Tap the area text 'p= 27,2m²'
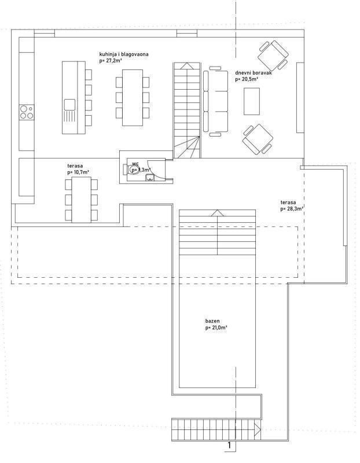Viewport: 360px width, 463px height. (111, 60)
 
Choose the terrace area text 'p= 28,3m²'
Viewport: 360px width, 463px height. (292, 208)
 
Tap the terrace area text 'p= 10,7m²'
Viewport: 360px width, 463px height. (78, 172)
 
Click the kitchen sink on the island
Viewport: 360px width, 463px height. (69, 105)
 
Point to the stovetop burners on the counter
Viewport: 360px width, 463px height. (26, 112)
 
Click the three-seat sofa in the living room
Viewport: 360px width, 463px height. (216, 102)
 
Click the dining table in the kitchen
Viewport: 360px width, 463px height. (132, 97)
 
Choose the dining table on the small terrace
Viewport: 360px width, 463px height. (80, 199)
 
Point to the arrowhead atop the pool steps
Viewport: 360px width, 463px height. (216, 213)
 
